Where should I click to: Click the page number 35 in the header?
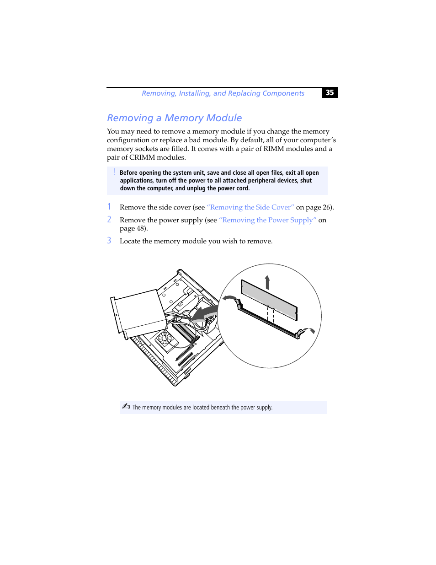pyautogui.click(x=330, y=92)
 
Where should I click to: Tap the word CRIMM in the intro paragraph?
pyautogui.click(x=142, y=157)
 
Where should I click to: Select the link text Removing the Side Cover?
pyautogui.click(x=250, y=207)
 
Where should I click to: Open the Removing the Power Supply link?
pyautogui.click(x=267, y=220)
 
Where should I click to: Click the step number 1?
pyautogui.click(x=109, y=207)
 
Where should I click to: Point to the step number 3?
pyautogui.click(x=109, y=241)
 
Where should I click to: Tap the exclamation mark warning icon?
pyautogui.click(x=114, y=172)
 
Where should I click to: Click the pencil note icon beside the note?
pyautogui.click(x=126, y=406)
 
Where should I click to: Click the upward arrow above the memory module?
pyautogui.click(x=267, y=282)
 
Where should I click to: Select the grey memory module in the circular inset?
pyautogui.click(x=269, y=299)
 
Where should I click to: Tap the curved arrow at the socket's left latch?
pyautogui.click(x=229, y=298)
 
